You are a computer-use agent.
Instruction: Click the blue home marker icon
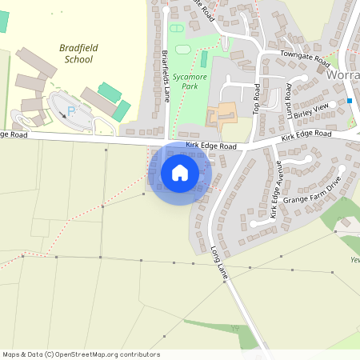pyautogui.click(x=180, y=172)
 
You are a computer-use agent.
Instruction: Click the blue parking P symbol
pyautogui.click(x=70, y=111)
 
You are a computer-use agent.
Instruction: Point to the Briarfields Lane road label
pyautogui.click(x=166, y=75)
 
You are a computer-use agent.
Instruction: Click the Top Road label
pyautogui.click(x=258, y=97)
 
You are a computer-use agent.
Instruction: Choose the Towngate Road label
pyautogui.click(x=306, y=59)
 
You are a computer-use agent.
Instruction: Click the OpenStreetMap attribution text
pyautogui.click(x=81, y=354)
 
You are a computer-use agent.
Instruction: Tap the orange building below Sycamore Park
pyautogui.click(x=222, y=114)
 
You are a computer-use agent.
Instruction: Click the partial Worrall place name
pyautogui.click(x=343, y=74)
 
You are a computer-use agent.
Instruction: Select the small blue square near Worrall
pyautogui.click(x=350, y=100)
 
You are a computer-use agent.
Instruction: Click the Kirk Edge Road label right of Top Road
pyautogui.click(x=305, y=138)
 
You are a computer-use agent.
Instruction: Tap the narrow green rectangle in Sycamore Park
pyautogui.click(x=203, y=59)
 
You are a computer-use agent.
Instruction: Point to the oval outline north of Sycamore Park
pyautogui.click(x=177, y=28)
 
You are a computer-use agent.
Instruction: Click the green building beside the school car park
pyautogui.click(x=110, y=92)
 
